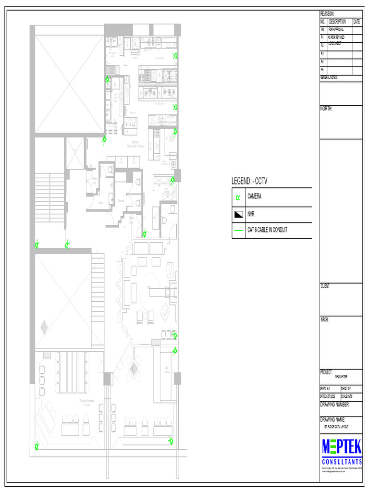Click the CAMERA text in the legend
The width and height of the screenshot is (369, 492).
[254, 197]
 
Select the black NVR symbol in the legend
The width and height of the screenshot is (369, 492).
[239, 214]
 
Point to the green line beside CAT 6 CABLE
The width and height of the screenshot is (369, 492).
[239, 231]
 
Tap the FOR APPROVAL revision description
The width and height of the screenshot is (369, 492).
[336, 29]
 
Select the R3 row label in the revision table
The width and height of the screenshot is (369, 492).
[322, 54]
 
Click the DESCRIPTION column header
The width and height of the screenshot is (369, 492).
[337, 22]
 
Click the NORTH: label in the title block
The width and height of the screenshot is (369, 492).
[326, 109]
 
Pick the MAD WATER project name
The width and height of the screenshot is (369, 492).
[341, 377]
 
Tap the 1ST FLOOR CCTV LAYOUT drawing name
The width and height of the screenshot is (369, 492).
[336, 427]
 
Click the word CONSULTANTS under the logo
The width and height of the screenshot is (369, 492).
[342, 462]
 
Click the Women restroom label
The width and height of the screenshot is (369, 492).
[121, 201]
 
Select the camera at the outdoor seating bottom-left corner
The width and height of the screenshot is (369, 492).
[37, 447]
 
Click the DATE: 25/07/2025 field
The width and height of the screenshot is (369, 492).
[330, 396]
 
